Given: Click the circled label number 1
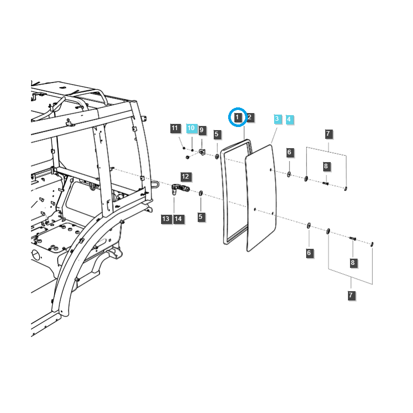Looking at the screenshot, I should click(237, 118).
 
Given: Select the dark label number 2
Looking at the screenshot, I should click(249, 118).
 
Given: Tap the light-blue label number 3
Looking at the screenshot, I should click(277, 119).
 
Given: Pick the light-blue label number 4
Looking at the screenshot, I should click(289, 119).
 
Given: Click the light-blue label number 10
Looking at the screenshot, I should click(191, 128).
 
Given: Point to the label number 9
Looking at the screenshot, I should click(202, 130).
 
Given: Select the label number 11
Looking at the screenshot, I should click(174, 128).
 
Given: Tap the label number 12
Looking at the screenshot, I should click(186, 177).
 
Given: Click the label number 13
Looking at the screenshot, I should click(166, 219).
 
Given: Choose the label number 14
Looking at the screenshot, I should click(178, 219).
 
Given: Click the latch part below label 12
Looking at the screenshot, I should click(178, 189).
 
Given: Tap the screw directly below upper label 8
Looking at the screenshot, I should click(326, 182).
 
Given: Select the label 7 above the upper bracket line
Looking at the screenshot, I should click(328, 134).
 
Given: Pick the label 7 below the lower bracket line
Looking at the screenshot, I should click(351, 295).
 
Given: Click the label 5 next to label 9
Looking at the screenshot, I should click(217, 135).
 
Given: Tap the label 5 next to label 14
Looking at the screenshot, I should click(201, 217).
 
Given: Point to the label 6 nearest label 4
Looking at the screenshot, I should click(290, 152).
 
